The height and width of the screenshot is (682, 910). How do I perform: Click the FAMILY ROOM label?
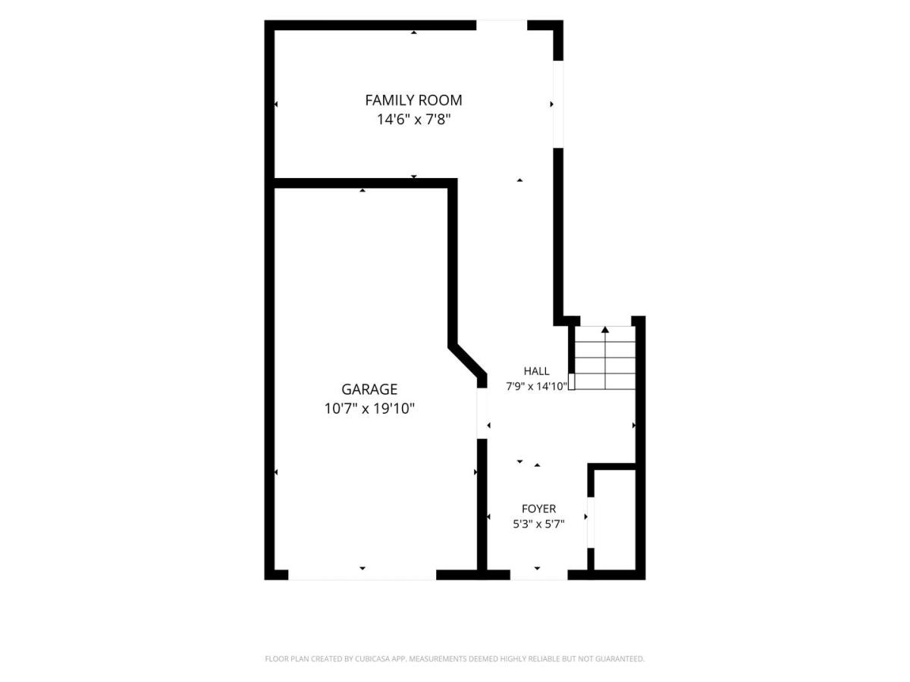(413, 100)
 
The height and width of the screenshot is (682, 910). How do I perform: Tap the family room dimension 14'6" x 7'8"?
(413, 120)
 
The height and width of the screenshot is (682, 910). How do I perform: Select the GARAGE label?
(369, 389)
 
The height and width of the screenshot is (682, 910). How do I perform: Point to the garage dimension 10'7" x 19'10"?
(369, 408)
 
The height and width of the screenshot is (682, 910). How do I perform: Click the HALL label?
(536, 371)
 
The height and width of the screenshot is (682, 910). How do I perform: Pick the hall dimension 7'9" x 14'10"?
(536, 386)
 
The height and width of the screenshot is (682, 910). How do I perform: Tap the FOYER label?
(538, 509)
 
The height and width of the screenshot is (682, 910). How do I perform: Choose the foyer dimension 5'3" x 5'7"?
(538, 524)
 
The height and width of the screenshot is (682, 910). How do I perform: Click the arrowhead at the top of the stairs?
(605, 330)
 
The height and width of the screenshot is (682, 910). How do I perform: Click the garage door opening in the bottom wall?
(362, 574)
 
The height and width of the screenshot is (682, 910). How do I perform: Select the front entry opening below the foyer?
(538, 574)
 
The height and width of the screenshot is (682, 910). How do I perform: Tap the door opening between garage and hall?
(482, 413)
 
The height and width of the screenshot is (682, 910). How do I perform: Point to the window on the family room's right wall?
(558, 105)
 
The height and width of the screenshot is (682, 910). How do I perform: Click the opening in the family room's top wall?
(502, 25)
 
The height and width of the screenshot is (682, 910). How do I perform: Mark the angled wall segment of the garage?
(467, 361)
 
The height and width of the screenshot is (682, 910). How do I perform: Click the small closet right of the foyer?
(615, 520)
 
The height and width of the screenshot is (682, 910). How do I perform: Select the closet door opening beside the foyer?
(591, 522)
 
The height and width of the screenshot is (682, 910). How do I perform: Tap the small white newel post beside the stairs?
(571, 381)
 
